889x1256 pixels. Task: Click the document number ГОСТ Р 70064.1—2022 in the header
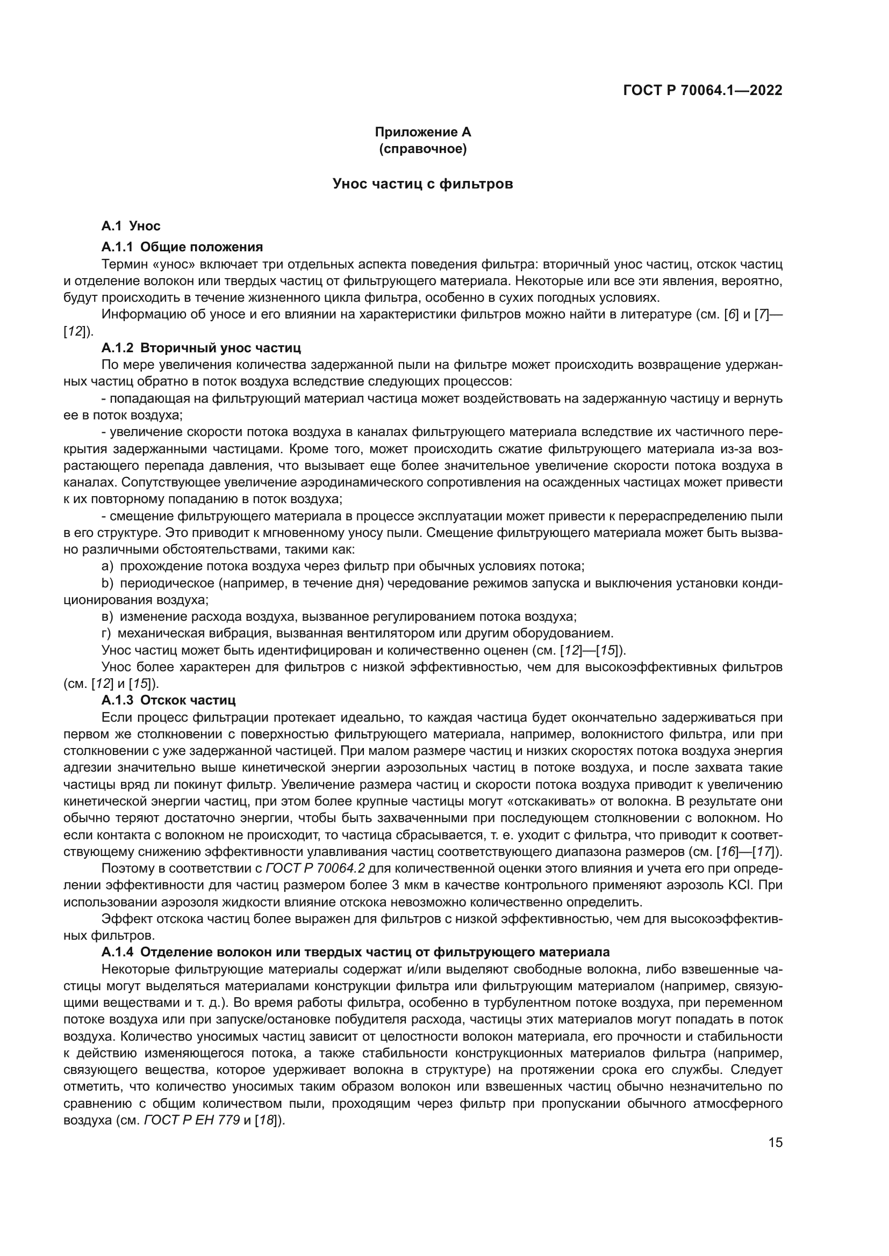(702, 91)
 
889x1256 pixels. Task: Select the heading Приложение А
(422, 132)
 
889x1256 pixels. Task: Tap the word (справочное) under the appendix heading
(422, 149)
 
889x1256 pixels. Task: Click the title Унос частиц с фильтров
(422, 184)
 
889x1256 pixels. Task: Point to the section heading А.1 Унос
(131, 226)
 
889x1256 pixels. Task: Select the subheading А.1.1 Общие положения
(182, 246)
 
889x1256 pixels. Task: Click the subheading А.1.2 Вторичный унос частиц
(201, 348)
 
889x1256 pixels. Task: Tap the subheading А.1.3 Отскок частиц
(168, 700)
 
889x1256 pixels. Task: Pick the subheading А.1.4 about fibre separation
(355, 952)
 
